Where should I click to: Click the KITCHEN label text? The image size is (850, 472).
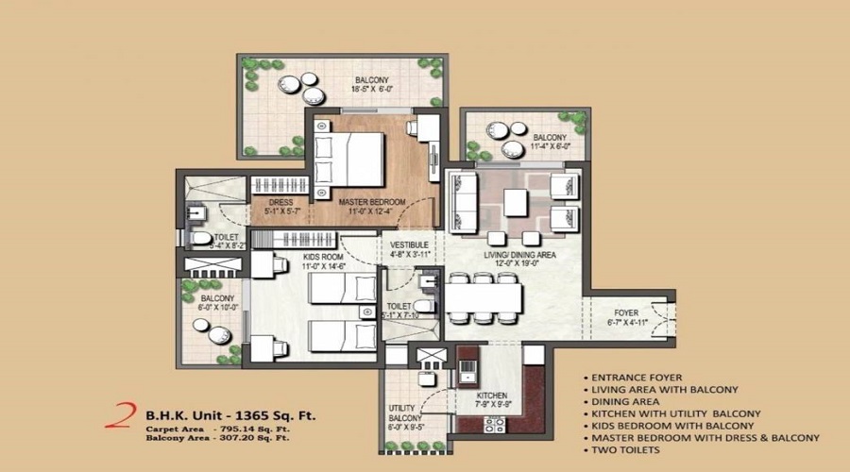pos(493,395)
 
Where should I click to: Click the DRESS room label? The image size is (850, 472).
pos(281,202)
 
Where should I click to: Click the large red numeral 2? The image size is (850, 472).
pos(121,416)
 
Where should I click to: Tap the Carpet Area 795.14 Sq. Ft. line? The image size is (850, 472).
pos(217,428)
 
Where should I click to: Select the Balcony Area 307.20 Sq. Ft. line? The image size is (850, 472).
pos(217,438)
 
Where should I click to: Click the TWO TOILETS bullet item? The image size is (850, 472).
pos(632,450)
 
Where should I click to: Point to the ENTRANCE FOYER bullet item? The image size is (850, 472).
pos(642,377)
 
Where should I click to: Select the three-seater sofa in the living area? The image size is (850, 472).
pos(462,195)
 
